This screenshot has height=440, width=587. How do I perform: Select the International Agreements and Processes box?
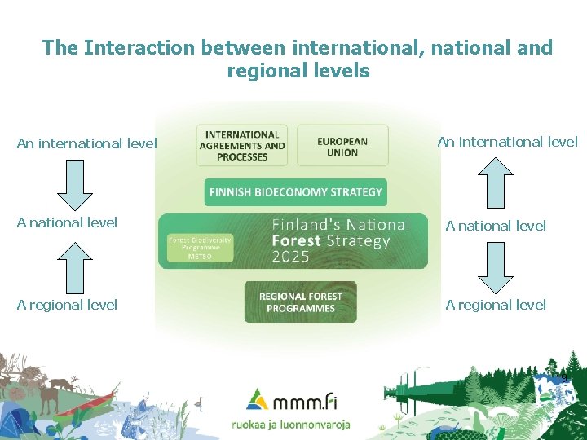[241, 146]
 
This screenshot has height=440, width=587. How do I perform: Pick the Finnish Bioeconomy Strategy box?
[295, 192]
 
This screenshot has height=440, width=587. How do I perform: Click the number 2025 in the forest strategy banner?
[290, 257]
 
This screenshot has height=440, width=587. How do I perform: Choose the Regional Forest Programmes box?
[300, 302]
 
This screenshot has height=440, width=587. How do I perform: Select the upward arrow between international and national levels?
[495, 183]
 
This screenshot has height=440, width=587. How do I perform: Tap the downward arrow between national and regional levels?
[495, 266]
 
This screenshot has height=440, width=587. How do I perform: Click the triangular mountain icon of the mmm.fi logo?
[258, 398]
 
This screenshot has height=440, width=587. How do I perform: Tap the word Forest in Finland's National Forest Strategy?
[297, 240]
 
